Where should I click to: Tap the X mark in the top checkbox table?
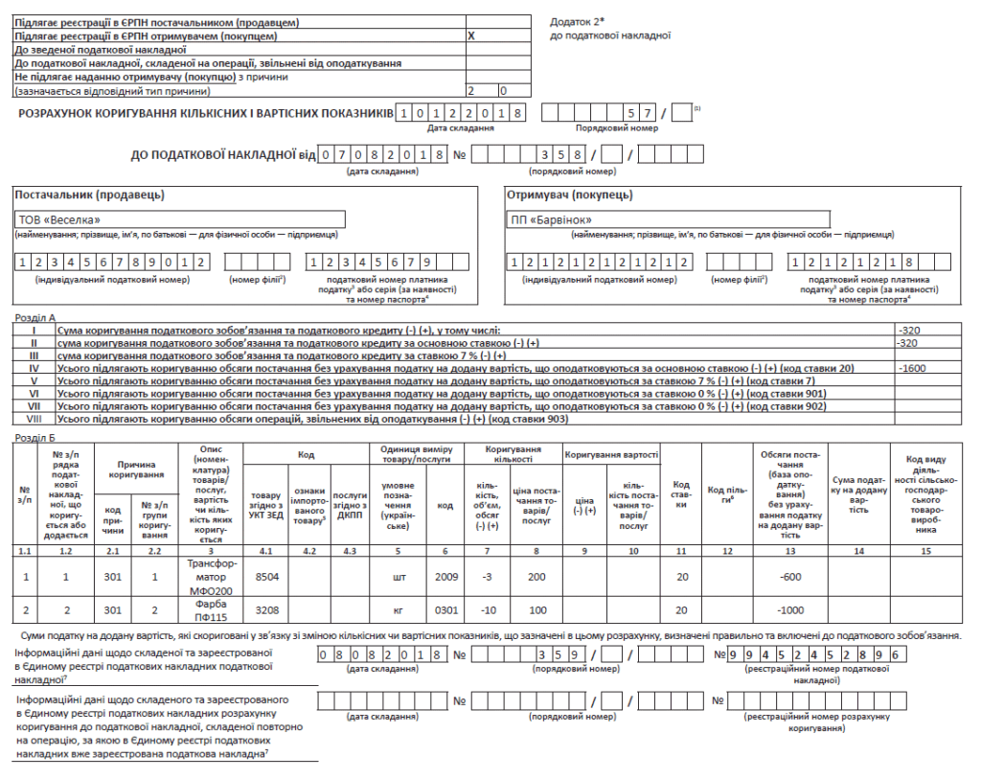470,35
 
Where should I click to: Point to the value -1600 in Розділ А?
912,368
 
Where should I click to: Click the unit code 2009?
445,577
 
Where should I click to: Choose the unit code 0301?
445,610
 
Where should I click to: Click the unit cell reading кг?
399,610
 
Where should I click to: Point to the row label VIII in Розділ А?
34,419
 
